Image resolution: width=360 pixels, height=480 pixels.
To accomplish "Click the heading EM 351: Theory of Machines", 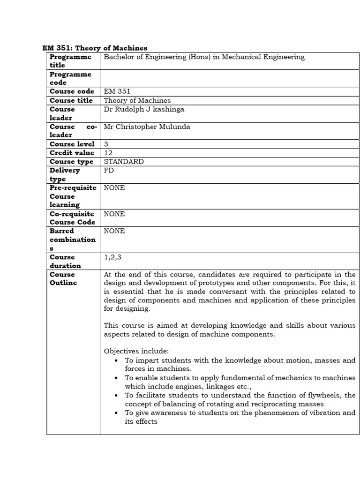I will tap(95, 48).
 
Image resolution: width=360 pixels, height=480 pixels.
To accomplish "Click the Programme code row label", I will tap(70, 78).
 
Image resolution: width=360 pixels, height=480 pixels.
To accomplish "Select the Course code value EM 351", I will tap(117, 91).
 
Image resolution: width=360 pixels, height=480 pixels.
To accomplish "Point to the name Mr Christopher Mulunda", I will tap(147, 127).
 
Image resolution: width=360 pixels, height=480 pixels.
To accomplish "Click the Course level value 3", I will tap(106, 144).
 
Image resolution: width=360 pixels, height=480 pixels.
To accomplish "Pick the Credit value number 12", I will tap(108, 153).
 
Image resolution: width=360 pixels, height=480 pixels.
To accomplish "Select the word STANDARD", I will tap(124, 162).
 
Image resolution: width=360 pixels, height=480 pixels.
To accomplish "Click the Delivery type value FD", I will tap(109, 170).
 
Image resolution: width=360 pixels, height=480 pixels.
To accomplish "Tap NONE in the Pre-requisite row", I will tap(114, 187).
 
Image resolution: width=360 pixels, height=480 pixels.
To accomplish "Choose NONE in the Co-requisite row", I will tap(114, 214).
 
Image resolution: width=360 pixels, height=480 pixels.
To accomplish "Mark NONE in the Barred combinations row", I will tap(114, 231).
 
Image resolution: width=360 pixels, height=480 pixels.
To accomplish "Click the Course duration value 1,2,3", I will tap(112, 257).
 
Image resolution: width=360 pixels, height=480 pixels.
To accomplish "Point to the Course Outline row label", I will tap(63, 278).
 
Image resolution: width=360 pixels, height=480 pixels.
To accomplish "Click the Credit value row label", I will tap(72, 153).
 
